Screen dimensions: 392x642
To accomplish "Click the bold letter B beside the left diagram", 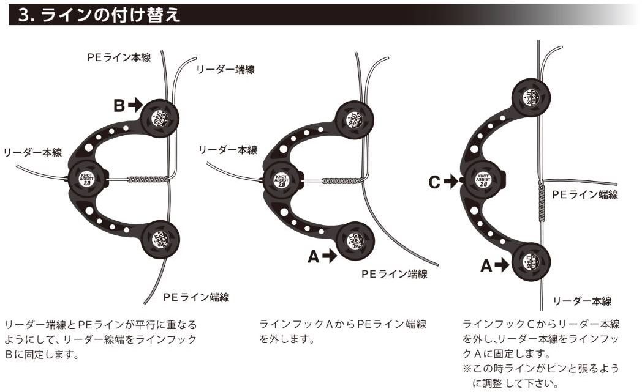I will click(118, 105).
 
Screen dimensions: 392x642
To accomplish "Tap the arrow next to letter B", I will click(135, 105).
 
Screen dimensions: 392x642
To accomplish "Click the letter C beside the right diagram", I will click(434, 181).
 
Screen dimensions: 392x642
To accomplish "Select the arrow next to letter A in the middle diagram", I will click(330, 257).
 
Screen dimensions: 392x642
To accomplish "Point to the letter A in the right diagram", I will click(486, 265).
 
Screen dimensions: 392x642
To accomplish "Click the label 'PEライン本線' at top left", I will click(118, 57).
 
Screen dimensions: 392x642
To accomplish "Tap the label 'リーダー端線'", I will click(225, 70).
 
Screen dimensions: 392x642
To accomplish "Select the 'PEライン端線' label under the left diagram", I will click(196, 297).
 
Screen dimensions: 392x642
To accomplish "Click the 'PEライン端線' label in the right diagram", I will click(584, 194).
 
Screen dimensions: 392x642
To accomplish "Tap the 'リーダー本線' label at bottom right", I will click(582, 301).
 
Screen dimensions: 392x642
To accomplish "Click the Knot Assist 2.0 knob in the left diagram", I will click(86, 179).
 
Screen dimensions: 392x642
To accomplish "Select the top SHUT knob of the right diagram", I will click(532, 98).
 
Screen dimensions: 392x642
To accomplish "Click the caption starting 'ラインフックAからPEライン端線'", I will click(343, 330).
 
